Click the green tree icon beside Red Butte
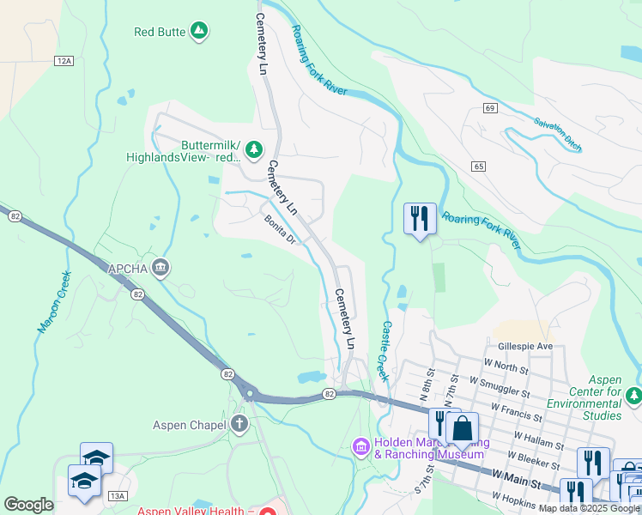pos(199,32)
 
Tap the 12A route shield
pos(63,61)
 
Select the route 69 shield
pos(490,107)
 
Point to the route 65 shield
pos(479,165)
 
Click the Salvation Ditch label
pos(557,135)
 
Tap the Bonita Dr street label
pos(280,229)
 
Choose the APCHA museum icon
pos(160,269)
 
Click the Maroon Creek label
pos(52,302)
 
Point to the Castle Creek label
pos(385,352)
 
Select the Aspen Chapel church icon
pos(239,424)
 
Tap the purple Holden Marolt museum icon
pos(360,447)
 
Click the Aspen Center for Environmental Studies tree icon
pos(633,396)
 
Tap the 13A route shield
pos(118,495)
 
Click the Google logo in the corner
pos(28,504)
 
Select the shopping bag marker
pos(462,428)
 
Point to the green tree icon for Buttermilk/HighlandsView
pos(254,151)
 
